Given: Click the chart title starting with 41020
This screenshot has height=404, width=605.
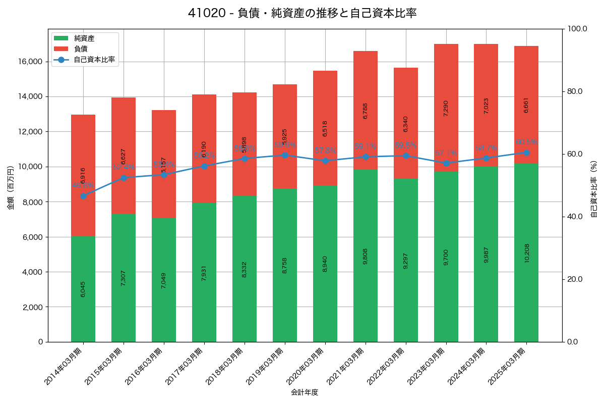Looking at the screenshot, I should click(x=302, y=13).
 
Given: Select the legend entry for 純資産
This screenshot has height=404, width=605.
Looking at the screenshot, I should click(x=84, y=38).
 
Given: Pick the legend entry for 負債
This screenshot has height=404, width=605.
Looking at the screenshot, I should click(x=81, y=49).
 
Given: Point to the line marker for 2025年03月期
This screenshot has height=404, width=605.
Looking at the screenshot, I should click(x=526, y=153).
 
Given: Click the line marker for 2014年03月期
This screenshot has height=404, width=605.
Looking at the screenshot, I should click(x=83, y=196).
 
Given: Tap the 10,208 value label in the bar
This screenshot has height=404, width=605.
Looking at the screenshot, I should click(x=527, y=252).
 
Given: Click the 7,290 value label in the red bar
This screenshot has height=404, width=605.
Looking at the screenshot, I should click(x=446, y=108).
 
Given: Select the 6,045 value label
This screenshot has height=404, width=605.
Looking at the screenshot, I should click(x=83, y=289).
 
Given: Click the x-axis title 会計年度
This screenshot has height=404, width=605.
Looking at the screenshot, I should click(x=305, y=392).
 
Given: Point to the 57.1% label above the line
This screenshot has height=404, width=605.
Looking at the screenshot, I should click(x=446, y=153).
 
